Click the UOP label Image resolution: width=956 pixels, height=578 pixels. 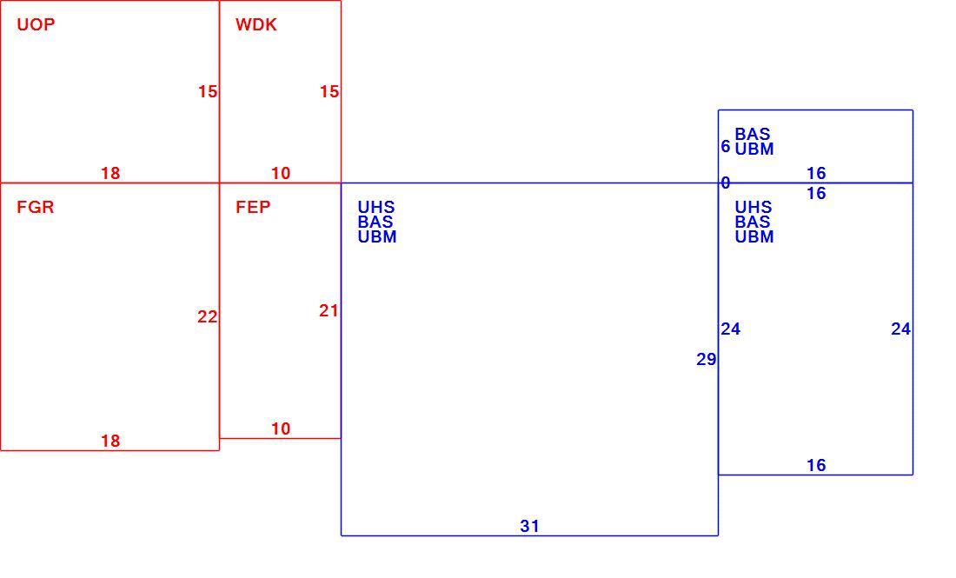36,24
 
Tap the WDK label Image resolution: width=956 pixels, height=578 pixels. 256,24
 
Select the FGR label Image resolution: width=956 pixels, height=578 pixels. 36,208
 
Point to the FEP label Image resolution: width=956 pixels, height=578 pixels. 253,208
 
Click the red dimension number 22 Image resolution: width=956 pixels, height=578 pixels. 208,317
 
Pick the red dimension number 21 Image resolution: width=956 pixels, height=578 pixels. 329,311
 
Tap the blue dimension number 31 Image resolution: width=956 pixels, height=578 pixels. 530,526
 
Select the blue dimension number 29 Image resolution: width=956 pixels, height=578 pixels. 706,360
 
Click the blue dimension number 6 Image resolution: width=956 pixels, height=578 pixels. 726,146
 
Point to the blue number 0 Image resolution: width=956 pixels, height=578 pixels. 726,183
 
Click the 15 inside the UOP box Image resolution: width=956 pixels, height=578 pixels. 208,91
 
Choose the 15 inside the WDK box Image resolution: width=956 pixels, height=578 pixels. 329,91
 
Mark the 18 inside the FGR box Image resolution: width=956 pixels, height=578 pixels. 110,441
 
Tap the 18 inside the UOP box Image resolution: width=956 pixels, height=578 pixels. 110,173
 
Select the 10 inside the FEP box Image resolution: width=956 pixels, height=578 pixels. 281,429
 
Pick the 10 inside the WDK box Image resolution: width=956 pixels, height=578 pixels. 281,173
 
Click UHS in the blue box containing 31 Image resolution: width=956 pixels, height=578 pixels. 376,208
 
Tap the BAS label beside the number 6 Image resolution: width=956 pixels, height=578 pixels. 753,134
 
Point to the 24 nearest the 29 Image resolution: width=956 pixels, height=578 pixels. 730,329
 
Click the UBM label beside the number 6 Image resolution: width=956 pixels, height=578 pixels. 754,149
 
